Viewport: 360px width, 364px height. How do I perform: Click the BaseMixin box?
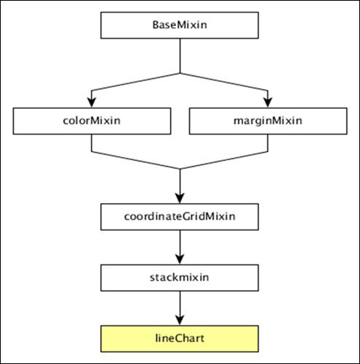point(179,25)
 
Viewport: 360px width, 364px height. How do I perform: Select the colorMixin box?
point(91,121)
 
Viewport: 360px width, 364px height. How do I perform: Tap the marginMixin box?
point(269,121)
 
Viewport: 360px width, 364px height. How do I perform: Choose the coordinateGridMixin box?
point(179,216)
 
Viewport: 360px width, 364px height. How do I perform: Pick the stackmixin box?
point(179,278)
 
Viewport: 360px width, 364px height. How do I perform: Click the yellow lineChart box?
point(179,338)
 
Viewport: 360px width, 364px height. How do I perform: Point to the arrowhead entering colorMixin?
point(91,102)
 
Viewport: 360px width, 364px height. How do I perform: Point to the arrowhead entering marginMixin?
point(269,102)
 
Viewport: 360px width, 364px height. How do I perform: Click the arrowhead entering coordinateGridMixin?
point(179,198)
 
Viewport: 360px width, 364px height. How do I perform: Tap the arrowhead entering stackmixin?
point(179,259)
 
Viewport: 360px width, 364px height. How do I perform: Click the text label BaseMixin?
point(179,25)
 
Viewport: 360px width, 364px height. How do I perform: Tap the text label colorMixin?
point(91,121)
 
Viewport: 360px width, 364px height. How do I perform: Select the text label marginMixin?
point(269,121)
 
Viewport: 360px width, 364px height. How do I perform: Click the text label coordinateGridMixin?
point(179,216)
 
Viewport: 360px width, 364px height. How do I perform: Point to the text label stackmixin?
point(179,278)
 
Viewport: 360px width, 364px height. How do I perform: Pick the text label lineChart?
point(179,338)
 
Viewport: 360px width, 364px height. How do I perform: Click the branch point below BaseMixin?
point(179,73)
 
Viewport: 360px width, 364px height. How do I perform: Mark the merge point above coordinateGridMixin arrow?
point(179,169)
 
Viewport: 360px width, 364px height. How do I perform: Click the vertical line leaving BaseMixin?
point(179,56)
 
